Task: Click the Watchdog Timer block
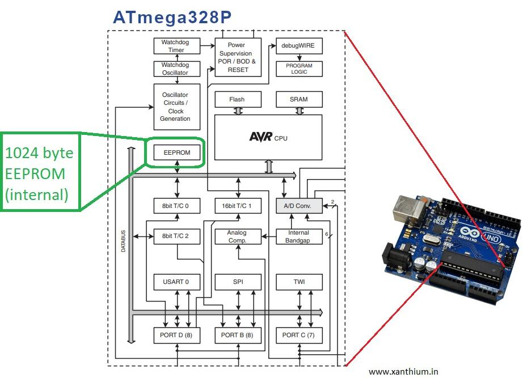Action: pos(176,46)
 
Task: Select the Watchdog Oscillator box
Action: pos(176,69)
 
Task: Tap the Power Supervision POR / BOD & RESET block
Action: pos(238,57)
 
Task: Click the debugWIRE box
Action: pos(299,46)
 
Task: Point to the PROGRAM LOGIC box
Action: pos(299,69)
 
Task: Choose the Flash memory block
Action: pos(237,99)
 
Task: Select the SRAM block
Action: pos(299,99)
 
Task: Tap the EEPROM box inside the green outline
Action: pos(176,152)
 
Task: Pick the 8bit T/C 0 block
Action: pos(176,206)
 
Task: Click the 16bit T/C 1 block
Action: pos(238,206)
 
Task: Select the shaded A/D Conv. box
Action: pos(299,206)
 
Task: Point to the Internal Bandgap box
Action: pos(299,236)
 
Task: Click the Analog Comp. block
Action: pos(237,236)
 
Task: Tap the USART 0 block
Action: pos(176,282)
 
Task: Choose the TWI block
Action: pos(299,282)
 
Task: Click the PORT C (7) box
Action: pos(299,335)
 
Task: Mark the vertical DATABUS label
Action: pos(124,241)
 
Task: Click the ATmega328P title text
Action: pos(172,16)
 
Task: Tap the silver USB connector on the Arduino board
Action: pos(409,211)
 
